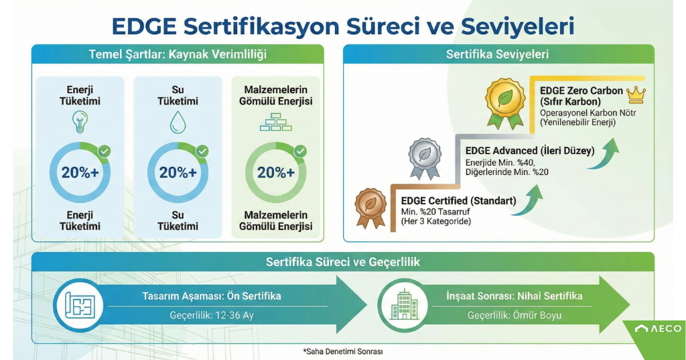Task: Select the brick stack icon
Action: pyautogui.click(x=276, y=123)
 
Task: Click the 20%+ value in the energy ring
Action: pyautogui.click(x=80, y=172)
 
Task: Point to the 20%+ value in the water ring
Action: pyautogui.click(x=178, y=172)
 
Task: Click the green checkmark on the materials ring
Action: pyautogui.click(x=300, y=152)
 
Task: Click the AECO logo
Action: pyautogui.click(x=658, y=328)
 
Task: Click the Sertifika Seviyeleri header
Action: pyautogui.click(x=498, y=54)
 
